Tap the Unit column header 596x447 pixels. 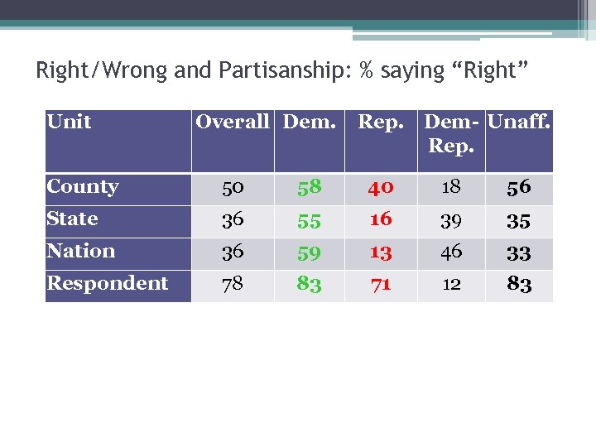70,123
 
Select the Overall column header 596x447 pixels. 233,123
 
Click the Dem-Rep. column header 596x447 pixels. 451,134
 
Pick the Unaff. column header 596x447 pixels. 519,123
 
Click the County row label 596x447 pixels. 83,187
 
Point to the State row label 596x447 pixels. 72,219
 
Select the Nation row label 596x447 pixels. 80,251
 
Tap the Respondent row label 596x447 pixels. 108,283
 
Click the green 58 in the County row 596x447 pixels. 309,188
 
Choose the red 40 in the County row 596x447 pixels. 381,188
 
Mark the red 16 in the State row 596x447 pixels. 381,219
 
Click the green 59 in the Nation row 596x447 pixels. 309,252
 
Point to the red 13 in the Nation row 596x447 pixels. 381,252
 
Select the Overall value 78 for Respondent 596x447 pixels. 233,284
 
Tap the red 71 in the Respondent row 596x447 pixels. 381,284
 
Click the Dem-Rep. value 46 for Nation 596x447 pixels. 451,252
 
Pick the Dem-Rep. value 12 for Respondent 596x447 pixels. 451,284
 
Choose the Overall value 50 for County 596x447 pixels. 233,188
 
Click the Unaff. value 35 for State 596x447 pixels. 519,220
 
